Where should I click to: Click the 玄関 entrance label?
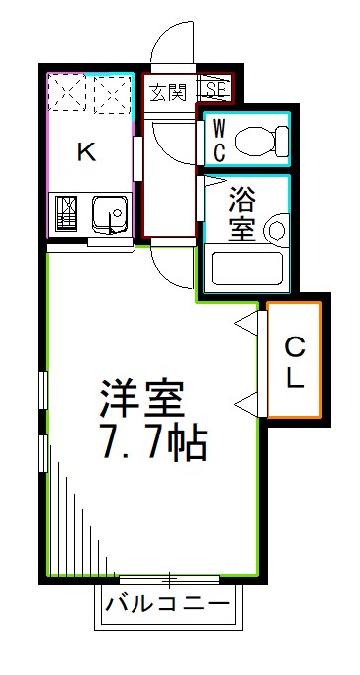point(167,93)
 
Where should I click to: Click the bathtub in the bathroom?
point(247,267)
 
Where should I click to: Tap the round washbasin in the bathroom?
point(275,232)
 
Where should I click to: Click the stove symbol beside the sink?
point(68,214)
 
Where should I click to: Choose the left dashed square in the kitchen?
point(69,96)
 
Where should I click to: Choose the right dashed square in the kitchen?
point(112,96)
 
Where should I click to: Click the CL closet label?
point(294,360)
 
